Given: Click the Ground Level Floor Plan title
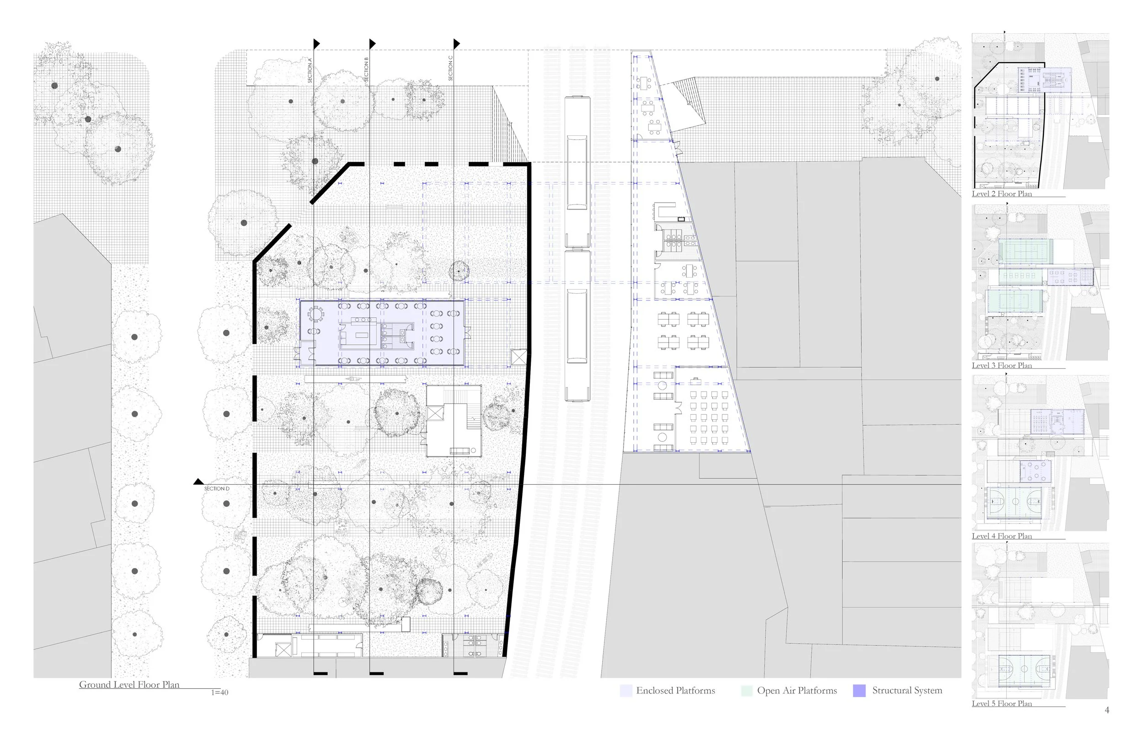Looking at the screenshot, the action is coord(129,684).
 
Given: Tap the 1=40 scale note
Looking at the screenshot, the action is coord(219,692).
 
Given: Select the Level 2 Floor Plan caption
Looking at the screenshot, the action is coord(1002,193).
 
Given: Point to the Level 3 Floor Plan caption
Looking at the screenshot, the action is coord(1002,365).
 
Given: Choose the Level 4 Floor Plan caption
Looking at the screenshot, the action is coord(1002,536).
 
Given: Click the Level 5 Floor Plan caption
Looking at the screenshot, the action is coord(1002,703).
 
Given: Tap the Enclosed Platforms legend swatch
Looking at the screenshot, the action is coord(626,691).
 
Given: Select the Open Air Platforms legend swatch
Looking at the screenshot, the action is coord(747,691).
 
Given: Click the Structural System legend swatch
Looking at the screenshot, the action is coord(859,691).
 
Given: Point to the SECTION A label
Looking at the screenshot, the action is coord(310,70).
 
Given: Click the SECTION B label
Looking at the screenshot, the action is coord(366,69).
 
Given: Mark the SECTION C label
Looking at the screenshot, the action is coord(450,68).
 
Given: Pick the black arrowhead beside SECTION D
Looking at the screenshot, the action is coord(198,482).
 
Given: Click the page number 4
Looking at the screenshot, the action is coord(1106,710).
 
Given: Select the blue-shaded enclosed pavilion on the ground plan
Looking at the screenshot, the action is coord(382,333).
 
